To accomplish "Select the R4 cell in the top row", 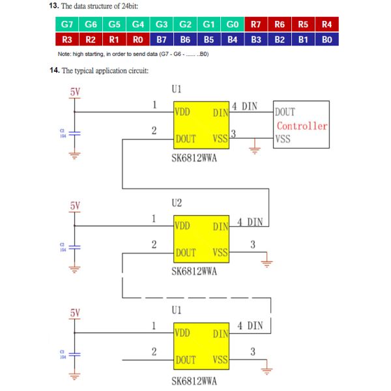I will [326, 25].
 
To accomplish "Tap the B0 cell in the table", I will [326, 40].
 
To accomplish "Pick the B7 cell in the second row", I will [162, 40].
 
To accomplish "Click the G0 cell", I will [233, 25].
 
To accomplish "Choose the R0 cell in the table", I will [138, 40].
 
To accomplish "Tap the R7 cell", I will [256, 25].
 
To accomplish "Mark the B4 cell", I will [233, 40].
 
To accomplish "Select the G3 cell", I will [162, 25].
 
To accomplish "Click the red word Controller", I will [302, 126].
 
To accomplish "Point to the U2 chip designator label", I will [177, 203].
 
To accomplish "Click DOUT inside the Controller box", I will [285, 112].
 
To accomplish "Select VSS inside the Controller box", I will [283, 139].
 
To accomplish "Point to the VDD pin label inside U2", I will [182, 225].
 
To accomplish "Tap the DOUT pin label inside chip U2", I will [186, 253].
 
